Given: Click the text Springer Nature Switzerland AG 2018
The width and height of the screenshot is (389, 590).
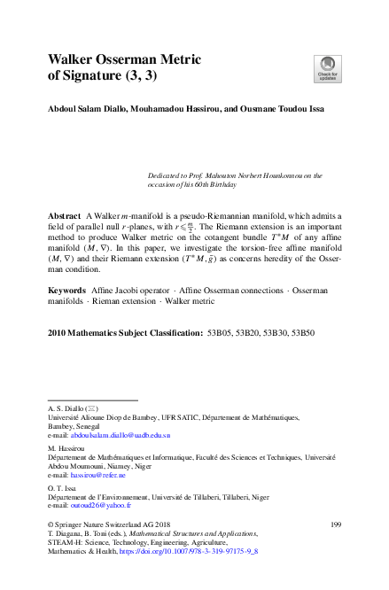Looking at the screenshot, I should pyautogui.click(x=118, y=525).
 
